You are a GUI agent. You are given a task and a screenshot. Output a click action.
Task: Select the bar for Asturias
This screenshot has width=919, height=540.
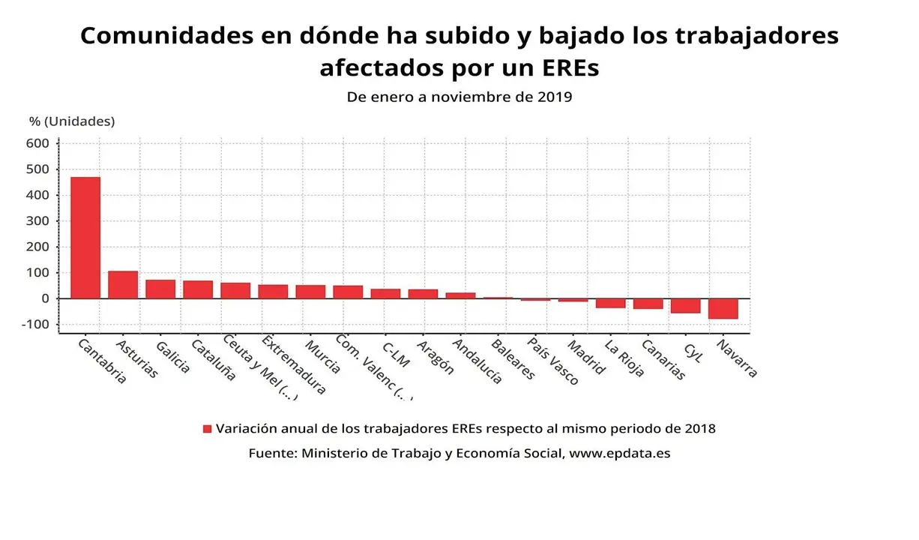(x=123, y=285)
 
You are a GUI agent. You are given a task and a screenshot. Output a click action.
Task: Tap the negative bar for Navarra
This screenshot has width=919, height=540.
(x=723, y=308)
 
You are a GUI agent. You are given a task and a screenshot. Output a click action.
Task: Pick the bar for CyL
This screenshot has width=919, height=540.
(x=685, y=305)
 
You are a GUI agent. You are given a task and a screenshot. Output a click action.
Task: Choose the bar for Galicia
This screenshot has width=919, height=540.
(x=160, y=289)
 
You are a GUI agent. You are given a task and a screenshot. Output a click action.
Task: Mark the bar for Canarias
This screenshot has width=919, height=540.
(x=648, y=304)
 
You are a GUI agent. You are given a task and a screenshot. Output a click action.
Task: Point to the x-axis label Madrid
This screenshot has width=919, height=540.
(x=586, y=357)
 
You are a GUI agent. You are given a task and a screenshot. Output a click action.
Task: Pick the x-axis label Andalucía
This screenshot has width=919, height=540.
(x=474, y=361)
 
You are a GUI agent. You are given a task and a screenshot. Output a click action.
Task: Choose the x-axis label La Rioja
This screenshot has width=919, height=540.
(x=624, y=358)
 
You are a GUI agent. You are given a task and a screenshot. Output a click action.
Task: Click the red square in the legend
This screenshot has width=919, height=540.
(x=208, y=429)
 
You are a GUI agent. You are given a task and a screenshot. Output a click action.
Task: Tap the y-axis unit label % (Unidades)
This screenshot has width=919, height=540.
(x=72, y=121)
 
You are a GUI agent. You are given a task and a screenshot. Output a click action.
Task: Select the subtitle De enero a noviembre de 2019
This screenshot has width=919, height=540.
(x=459, y=97)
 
